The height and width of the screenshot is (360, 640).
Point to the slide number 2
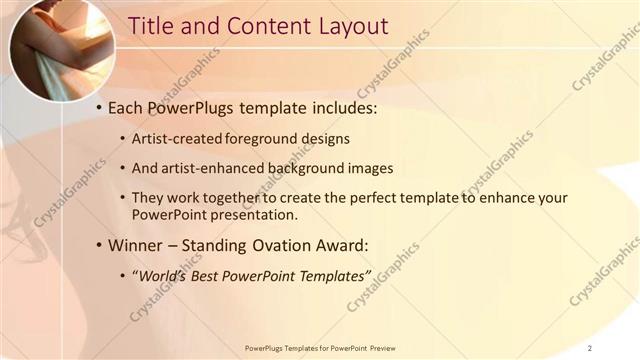[590, 347]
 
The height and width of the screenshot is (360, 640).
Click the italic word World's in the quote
[163, 275]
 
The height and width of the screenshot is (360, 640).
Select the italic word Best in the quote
[211, 275]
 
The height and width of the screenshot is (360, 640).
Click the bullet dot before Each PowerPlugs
[99, 106]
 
